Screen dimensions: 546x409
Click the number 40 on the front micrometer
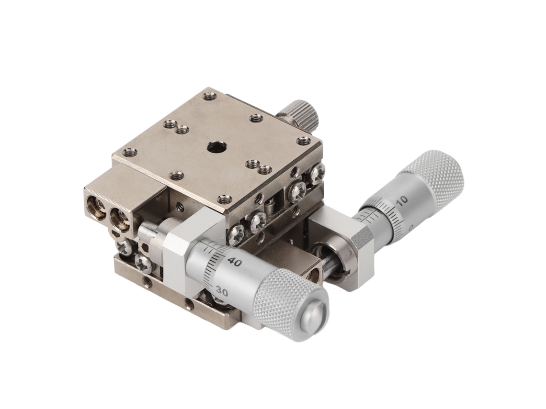click(235, 262)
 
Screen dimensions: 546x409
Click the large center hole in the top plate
click(213, 147)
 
